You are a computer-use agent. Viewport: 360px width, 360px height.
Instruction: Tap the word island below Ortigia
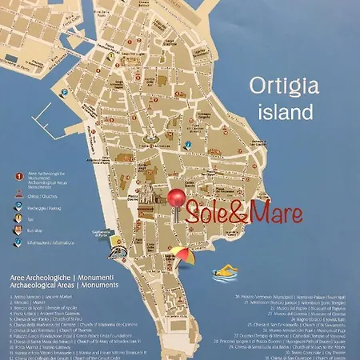(x=280, y=111)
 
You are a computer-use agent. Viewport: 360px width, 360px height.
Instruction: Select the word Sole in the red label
(x=207, y=213)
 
